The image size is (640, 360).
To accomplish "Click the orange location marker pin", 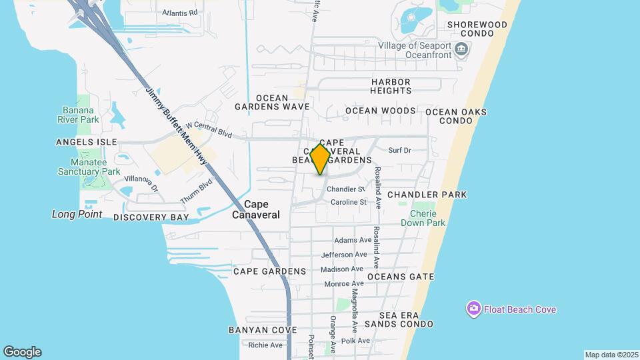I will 321,159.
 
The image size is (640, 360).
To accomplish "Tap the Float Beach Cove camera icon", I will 473,309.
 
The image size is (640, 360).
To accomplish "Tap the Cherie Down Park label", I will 422,219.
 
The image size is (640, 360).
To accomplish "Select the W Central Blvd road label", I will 209,129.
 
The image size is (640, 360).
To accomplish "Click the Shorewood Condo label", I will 477,30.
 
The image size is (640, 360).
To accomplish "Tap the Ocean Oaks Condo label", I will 455,116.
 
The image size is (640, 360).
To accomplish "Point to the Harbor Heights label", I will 391,86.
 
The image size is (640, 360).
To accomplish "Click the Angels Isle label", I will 87,142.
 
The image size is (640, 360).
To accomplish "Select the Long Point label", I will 77,214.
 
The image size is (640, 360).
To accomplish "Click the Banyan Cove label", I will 262,330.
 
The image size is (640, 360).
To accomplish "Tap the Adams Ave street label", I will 353,240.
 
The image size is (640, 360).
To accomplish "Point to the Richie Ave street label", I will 265,345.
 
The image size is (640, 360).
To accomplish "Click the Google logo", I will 22,352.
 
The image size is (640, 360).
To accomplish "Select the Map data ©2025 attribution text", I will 610,355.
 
